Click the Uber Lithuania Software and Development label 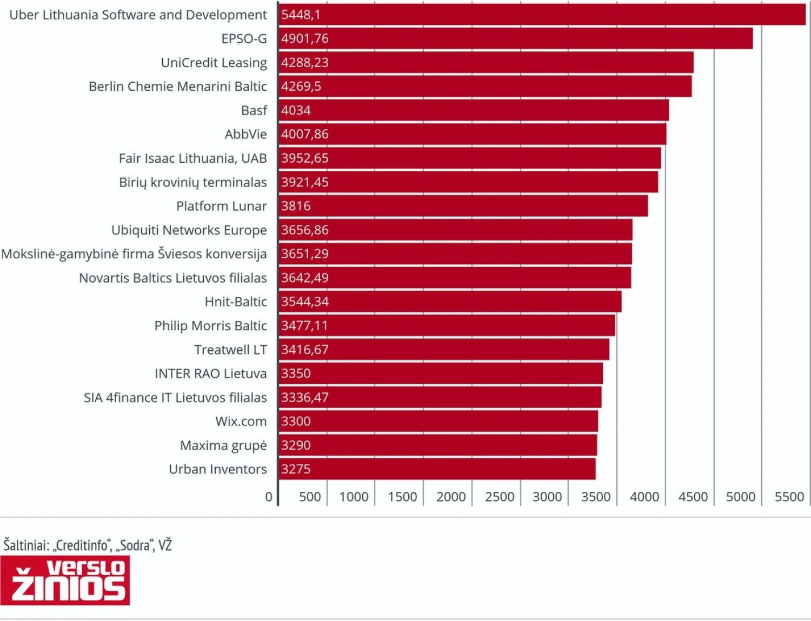138,15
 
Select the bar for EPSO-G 515,38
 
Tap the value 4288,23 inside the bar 304,63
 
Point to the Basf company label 254,110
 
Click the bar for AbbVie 472,134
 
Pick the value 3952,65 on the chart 304,158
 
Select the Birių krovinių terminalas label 192,182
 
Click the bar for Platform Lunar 463,206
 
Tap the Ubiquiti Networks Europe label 189,230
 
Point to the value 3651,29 304,254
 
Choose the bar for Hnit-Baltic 450,302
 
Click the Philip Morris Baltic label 210,326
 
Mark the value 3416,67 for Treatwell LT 304,350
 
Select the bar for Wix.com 438,421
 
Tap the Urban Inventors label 217,469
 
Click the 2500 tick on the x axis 499,497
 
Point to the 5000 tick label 740,497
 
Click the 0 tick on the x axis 269,497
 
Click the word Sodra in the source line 135,545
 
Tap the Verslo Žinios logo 65,580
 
